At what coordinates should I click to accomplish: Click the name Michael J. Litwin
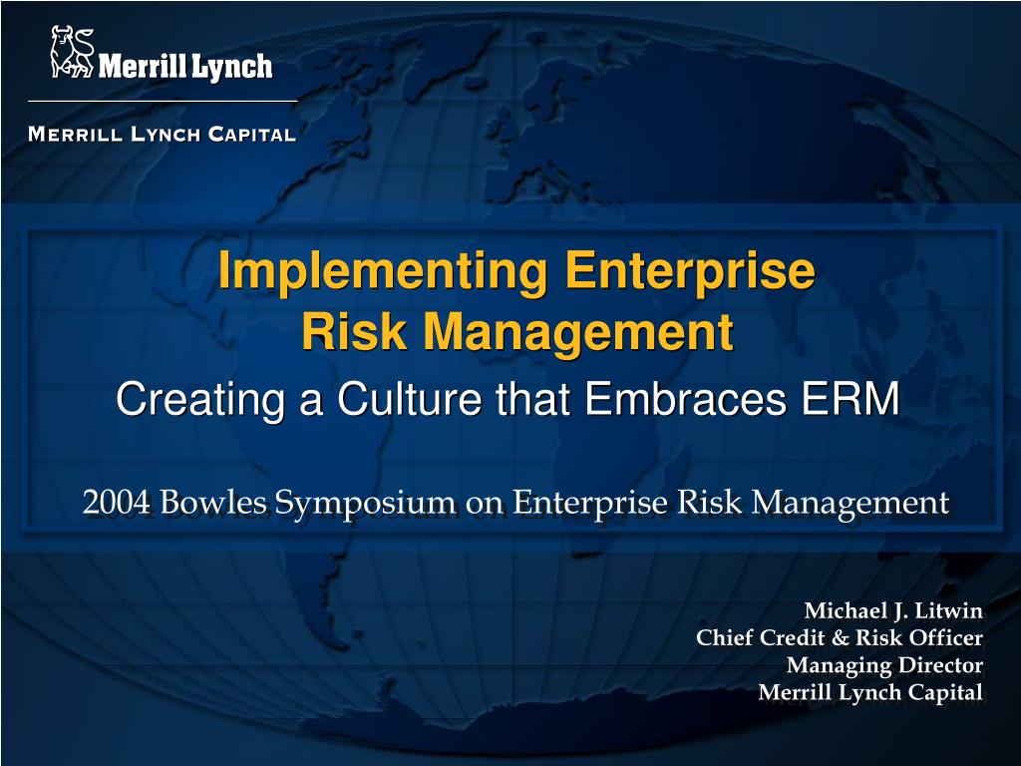tap(893, 610)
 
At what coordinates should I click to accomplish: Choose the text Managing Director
tap(884, 665)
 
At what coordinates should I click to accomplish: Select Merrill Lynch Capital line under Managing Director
tap(870, 692)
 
